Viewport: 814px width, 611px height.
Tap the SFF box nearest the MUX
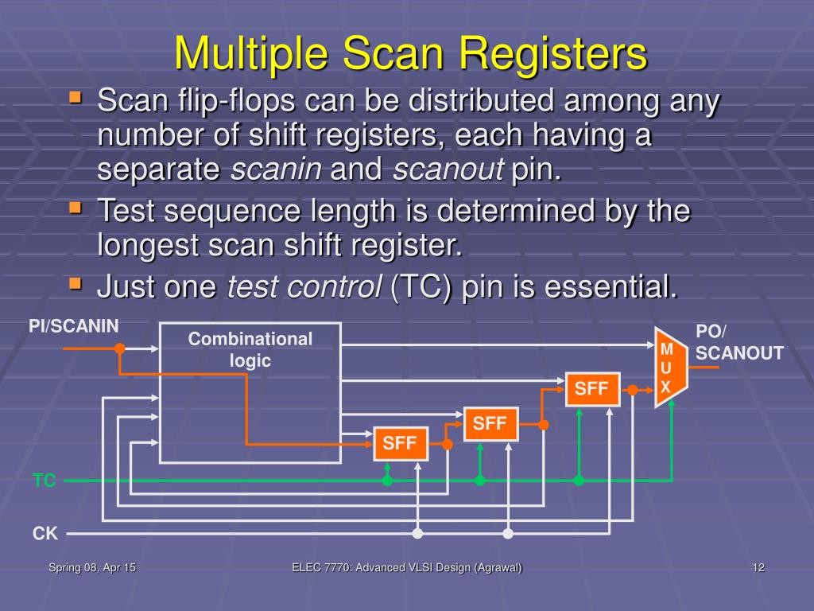click(x=591, y=389)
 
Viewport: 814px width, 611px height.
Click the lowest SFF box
click(x=401, y=444)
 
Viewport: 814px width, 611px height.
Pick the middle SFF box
click(x=490, y=423)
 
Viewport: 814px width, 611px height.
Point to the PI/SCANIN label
click(x=74, y=325)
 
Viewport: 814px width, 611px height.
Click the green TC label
click(x=45, y=481)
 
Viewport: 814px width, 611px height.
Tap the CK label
click(x=45, y=534)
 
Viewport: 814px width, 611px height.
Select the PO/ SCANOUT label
click(x=739, y=343)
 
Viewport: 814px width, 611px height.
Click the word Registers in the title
click(x=554, y=53)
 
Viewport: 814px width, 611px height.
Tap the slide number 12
click(x=758, y=567)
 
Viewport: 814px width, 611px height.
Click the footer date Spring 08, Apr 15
click(x=92, y=567)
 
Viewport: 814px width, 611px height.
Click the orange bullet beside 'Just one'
click(x=76, y=282)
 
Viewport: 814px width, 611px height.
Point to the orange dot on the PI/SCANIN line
click(x=119, y=348)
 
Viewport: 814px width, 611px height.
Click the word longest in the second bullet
click(x=146, y=245)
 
